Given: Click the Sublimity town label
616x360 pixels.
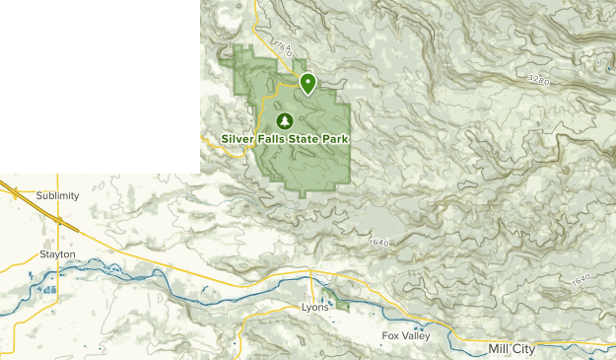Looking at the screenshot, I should tap(56, 195).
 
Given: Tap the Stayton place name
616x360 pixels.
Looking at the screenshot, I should tap(57, 253).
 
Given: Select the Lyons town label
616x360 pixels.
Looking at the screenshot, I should tap(315, 308).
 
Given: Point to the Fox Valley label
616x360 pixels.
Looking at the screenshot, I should tap(406, 336).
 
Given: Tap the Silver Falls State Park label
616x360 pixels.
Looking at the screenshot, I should tap(286, 139).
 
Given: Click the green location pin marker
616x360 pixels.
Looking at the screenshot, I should tap(308, 84).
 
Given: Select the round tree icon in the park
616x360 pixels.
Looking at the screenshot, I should tap(285, 120).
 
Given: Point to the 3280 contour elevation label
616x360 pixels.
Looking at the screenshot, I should tap(537, 78).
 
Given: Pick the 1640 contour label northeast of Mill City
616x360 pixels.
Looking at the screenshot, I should tap(582, 282).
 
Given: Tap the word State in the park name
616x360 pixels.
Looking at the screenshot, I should tap(303, 139).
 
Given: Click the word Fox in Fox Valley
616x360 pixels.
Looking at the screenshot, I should tap(390, 336).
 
